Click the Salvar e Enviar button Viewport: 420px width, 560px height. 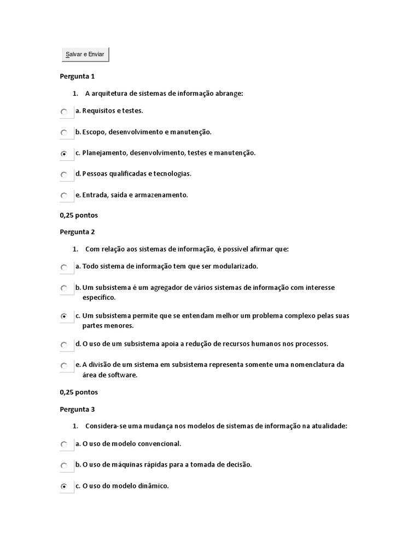point(85,54)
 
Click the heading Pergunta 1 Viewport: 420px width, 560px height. point(77,76)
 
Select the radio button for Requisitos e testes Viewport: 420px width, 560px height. point(64,112)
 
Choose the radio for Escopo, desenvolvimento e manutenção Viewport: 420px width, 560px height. point(64,133)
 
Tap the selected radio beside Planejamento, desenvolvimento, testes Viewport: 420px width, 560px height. point(64,154)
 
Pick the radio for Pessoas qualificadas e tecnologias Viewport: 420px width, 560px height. point(64,175)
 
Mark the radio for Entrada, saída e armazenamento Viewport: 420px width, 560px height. point(64,196)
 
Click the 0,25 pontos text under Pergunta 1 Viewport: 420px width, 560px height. point(78,215)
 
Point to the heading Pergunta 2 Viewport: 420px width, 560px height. point(77,231)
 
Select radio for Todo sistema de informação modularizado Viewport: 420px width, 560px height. point(64,267)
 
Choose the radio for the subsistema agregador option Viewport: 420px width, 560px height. point(64,288)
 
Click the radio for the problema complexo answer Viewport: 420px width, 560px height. point(64,316)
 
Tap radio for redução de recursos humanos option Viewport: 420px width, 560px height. point(64,345)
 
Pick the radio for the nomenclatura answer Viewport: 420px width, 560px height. point(64,366)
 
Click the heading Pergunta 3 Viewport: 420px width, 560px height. point(77,409)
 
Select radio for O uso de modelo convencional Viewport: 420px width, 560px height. point(64,445)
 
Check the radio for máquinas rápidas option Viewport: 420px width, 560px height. point(64,465)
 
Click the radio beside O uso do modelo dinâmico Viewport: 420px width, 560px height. point(64,486)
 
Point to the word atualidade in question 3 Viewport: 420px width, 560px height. point(329,426)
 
